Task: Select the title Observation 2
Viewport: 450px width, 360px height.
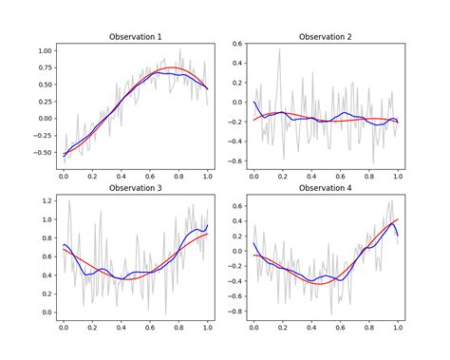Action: pyautogui.click(x=326, y=36)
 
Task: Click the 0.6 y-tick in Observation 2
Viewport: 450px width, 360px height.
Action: pyautogui.click(x=234, y=44)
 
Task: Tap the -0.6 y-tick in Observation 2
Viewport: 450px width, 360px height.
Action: pyautogui.click(x=233, y=161)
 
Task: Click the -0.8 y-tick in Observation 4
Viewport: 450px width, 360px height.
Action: pyautogui.click(x=233, y=309)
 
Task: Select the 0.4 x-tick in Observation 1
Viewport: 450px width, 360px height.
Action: pyautogui.click(x=122, y=177)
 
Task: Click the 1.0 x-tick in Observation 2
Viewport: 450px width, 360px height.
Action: pyautogui.click(x=397, y=177)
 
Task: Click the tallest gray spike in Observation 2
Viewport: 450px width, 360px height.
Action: pyautogui.click(x=279, y=50)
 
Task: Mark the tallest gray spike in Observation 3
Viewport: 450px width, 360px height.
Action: pyautogui.click(x=69, y=200)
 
